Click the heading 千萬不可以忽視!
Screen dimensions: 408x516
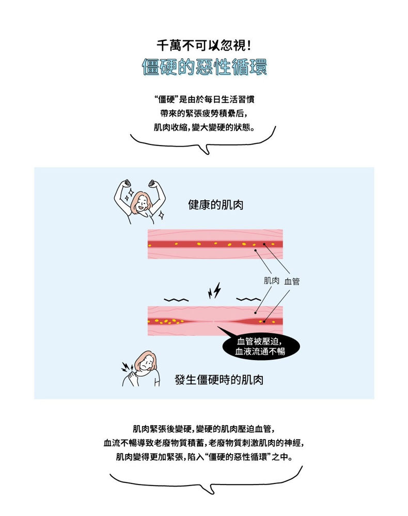point(203,45)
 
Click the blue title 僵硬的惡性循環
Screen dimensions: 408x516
point(204,68)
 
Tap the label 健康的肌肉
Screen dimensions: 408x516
point(216,205)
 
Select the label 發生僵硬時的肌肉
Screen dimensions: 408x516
point(219,380)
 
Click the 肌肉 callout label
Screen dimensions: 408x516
point(271,281)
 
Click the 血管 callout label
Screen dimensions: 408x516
point(292,281)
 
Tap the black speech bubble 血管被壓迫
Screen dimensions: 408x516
point(260,347)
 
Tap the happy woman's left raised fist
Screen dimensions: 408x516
point(126,184)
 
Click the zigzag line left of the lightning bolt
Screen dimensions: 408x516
point(176,300)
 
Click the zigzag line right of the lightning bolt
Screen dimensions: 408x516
point(248,299)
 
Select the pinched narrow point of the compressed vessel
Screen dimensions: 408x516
point(213,321)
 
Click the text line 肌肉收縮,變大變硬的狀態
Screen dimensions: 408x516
point(204,127)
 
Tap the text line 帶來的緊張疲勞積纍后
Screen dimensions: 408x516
point(203,113)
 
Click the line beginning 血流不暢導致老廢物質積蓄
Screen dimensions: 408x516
point(203,443)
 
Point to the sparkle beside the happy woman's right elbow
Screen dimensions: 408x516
point(161,215)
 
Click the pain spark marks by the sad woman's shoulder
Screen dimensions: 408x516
point(127,367)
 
